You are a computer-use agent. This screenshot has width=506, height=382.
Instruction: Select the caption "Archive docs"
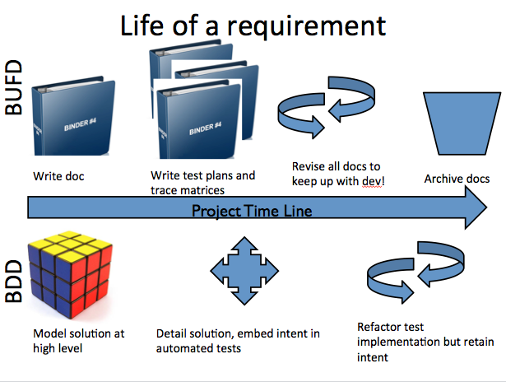[x=457, y=179]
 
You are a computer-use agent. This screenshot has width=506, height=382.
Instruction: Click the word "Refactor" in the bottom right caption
[x=379, y=327]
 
